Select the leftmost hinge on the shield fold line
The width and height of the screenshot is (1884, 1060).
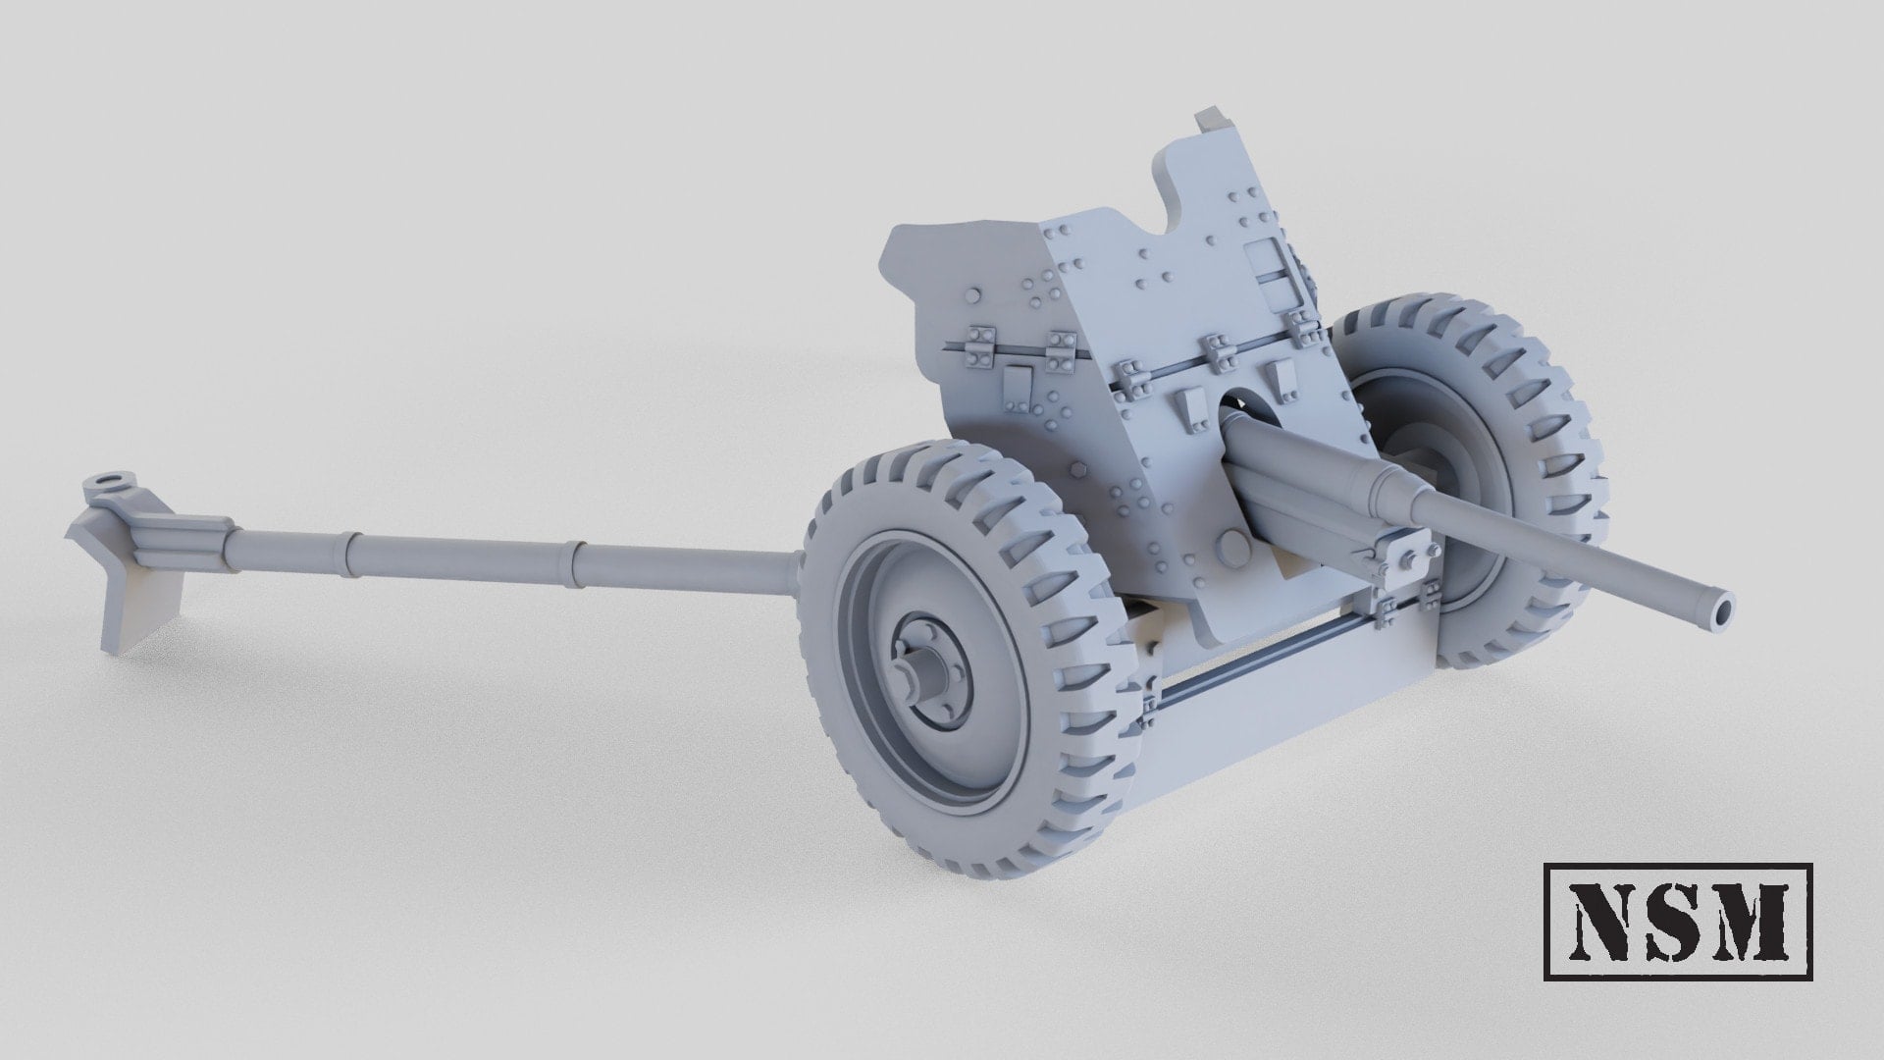click(x=979, y=348)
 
